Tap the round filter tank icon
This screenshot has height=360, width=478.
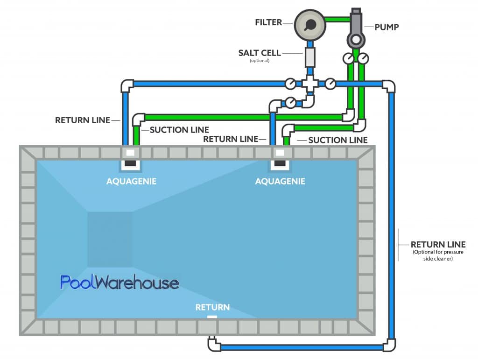click(x=309, y=24)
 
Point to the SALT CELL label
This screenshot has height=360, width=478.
click(x=260, y=53)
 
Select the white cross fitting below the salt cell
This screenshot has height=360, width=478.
click(x=310, y=84)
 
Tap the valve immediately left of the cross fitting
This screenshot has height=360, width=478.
click(x=290, y=84)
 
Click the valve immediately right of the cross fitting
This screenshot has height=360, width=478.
click(x=330, y=84)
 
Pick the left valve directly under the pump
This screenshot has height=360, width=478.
click(x=348, y=58)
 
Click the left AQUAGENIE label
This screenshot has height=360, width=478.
click(x=131, y=181)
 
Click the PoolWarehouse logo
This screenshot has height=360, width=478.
click(x=119, y=282)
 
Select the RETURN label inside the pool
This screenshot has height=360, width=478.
click(x=212, y=307)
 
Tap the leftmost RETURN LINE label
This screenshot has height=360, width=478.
click(x=82, y=120)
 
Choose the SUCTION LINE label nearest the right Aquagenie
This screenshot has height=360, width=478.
click(x=338, y=140)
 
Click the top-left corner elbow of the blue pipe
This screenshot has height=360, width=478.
click(x=127, y=85)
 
